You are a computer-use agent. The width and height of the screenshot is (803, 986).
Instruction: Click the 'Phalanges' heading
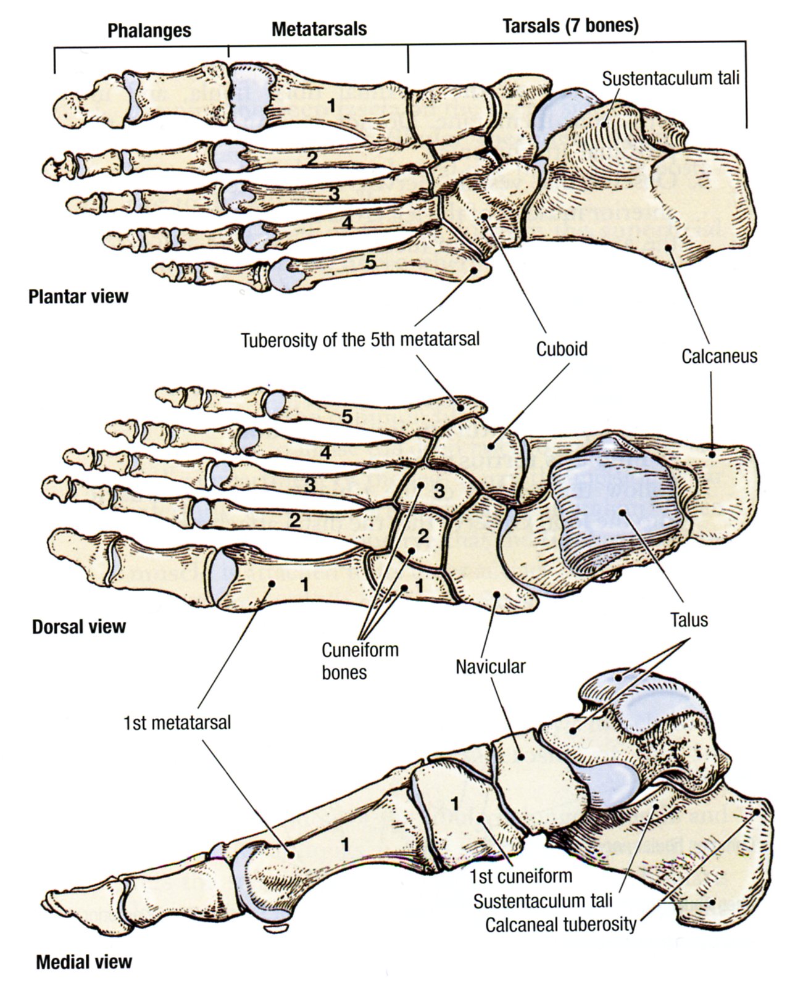[x=149, y=31]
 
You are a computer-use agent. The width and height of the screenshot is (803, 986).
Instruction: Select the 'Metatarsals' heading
[x=319, y=29]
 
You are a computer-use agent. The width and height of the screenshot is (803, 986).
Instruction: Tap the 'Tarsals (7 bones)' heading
[x=570, y=26]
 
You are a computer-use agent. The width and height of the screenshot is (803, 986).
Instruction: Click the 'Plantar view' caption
[x=78, y=297]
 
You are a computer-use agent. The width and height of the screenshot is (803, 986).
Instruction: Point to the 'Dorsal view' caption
[x=78, y=627]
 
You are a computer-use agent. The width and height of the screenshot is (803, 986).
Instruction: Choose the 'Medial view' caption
[x=84, y=961]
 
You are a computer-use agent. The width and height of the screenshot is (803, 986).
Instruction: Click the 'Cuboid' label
[x=561, y=349]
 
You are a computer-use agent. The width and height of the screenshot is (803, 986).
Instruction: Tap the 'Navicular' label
[x=491, y=667]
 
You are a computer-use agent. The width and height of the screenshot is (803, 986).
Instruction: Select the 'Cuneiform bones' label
[x=360, y=661]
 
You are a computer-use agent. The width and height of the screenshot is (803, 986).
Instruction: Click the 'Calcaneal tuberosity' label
[x=560, y=924]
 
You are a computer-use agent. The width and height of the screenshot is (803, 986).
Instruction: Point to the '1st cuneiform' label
[x=520, y=876]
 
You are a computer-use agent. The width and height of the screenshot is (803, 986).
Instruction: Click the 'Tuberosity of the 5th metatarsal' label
[x=360, y=340]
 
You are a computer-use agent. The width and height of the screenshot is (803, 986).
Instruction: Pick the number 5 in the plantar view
[x=370, y=262]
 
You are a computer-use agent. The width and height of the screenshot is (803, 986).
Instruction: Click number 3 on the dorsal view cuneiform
[x=439, y=492]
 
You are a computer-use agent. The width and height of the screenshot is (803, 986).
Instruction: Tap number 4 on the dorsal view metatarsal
[x=325, y=453]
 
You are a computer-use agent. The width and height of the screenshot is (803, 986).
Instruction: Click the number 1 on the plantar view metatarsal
[x=331, y=106]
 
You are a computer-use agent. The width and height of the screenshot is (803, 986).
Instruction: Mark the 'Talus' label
[x=689, y=619]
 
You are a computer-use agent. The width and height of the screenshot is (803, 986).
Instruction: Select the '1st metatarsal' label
[x=177, y=722]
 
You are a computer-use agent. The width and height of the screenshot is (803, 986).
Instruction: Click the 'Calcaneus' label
[x=719, y=356]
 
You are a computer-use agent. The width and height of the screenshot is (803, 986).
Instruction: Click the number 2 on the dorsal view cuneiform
[x=423, y=536]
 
